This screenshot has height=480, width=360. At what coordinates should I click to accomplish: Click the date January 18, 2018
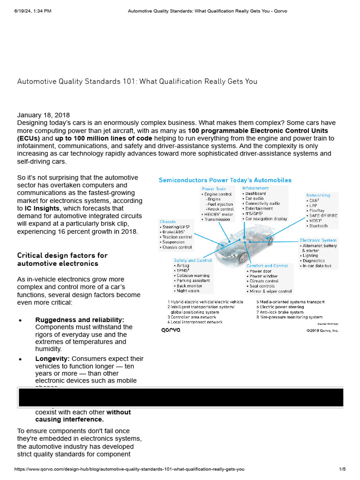[x=44, y=115]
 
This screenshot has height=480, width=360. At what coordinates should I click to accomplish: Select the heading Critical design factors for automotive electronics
[x=62, y=259]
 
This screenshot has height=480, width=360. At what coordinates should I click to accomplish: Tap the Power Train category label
[x=214, y=189]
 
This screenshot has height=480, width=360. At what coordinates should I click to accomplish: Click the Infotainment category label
[x=255, y=188]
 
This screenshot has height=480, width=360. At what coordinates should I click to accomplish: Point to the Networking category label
[x=318, y=195]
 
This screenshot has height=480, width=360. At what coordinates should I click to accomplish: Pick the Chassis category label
[x=167, y=222]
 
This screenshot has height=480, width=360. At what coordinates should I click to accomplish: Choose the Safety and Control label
[x=193, y=260]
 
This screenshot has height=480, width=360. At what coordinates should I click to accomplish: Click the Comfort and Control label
[x=267, y=266]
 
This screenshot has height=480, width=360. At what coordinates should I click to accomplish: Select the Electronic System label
[x=318, y=240]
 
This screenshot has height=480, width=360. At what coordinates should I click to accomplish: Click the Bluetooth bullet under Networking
[x=318, y=226]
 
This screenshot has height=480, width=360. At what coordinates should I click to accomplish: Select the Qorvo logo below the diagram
[x=171, y=330]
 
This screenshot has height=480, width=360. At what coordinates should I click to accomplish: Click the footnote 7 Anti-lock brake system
[x=280, y=312]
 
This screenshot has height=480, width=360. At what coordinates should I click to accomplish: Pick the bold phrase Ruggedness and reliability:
[x=80, y=320]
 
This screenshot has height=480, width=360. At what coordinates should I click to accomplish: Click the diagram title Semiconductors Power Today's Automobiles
[x=225, y=180]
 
